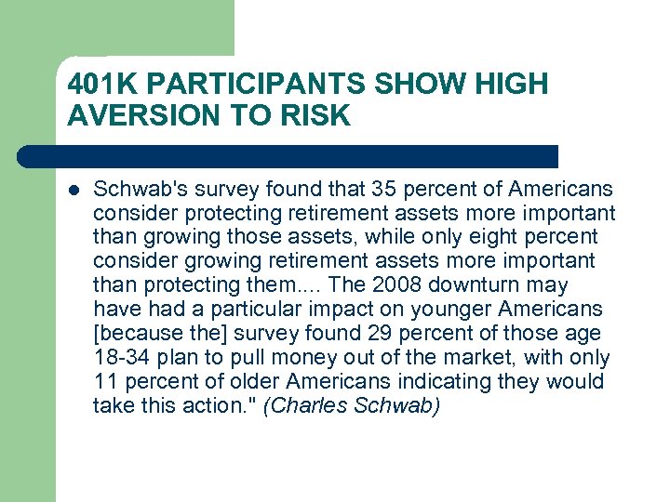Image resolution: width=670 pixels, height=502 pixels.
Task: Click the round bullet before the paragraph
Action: point(74,190)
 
